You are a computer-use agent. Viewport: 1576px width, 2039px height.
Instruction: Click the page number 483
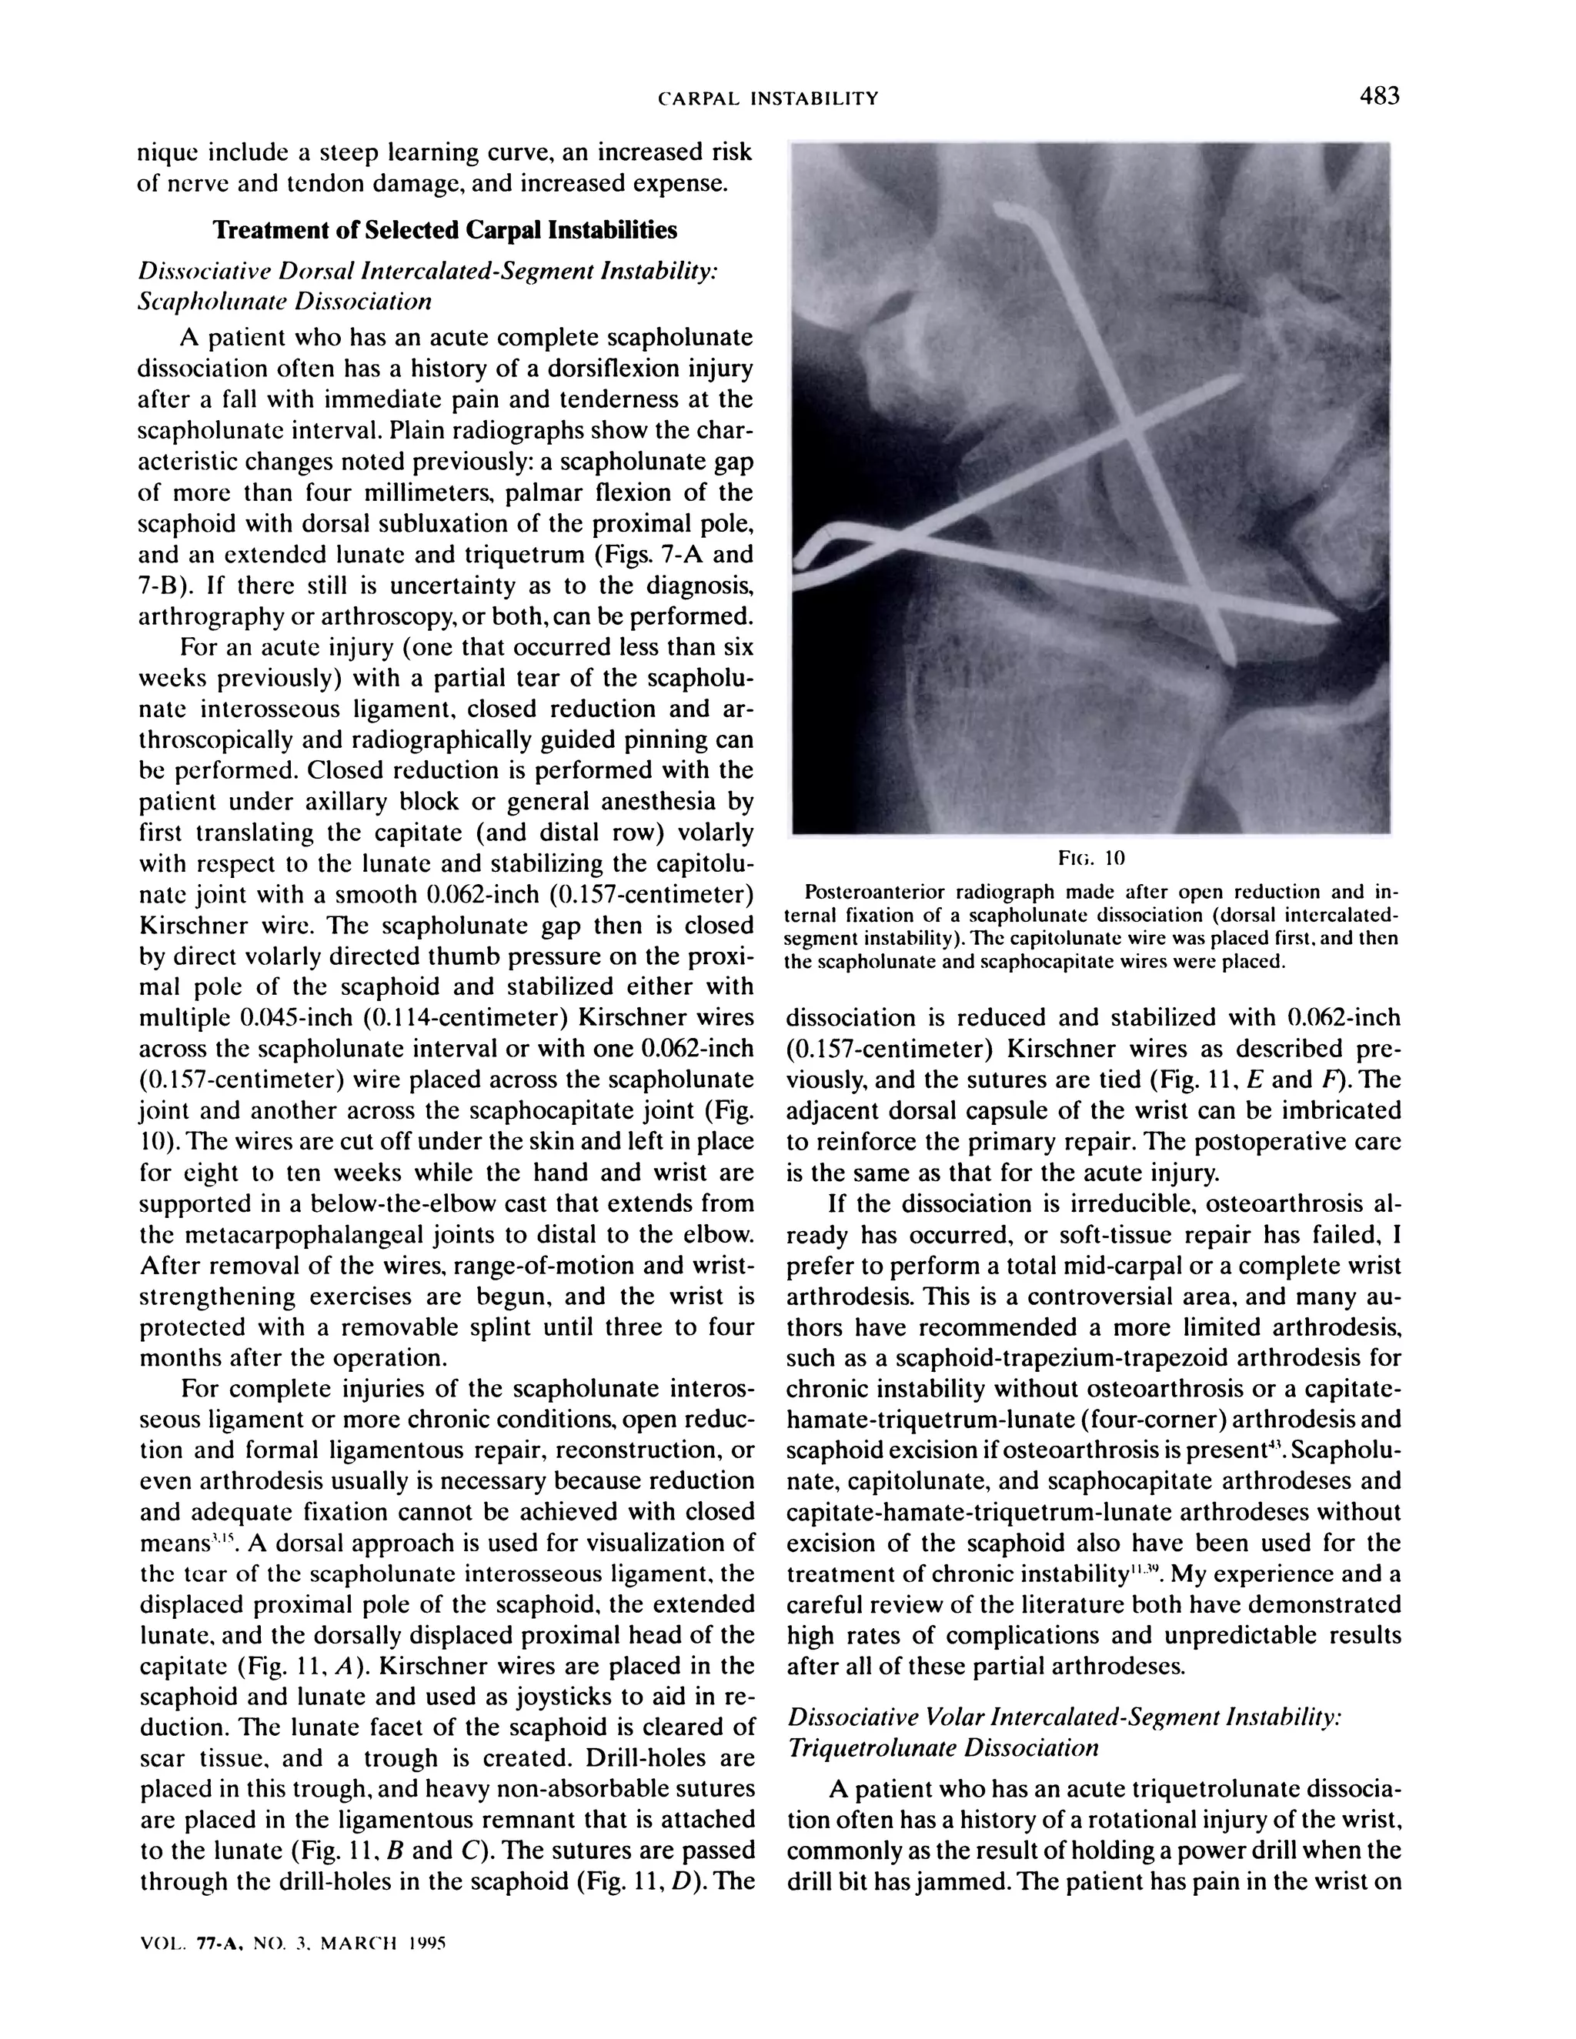coord(1379,96)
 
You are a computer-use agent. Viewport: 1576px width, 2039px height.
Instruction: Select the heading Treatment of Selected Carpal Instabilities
coord(446,229)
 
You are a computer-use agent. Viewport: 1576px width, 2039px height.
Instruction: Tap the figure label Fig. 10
coord(1090,858)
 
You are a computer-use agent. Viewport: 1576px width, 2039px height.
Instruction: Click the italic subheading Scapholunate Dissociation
coord(285,302)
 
